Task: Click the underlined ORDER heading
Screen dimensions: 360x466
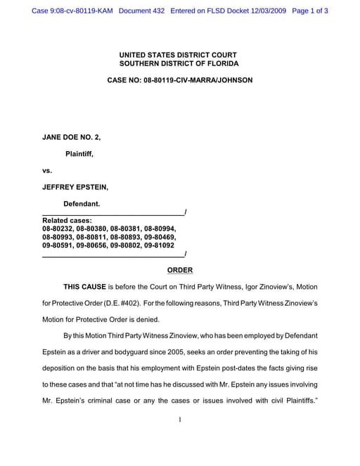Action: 179,270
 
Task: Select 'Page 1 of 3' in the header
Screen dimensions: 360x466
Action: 309,11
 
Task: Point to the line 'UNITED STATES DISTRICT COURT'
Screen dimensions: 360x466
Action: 179,55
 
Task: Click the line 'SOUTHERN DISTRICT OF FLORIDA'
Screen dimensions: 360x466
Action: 179,64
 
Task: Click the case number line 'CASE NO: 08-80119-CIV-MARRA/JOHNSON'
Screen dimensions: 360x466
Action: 179,81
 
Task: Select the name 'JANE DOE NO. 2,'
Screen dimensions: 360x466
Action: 72,137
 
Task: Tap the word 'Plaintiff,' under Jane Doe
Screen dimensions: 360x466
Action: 79,153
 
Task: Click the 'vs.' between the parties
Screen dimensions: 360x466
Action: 48,170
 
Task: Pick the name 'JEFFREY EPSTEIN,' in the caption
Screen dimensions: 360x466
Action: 75,187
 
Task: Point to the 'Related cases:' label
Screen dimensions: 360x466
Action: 67,221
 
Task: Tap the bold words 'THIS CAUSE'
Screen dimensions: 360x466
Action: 84,287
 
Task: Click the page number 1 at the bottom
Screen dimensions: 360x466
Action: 180,420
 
